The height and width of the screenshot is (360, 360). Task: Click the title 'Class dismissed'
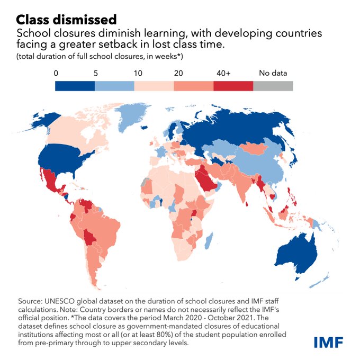66,20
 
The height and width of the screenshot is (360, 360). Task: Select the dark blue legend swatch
75,86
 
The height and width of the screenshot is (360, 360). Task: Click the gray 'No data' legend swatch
273,86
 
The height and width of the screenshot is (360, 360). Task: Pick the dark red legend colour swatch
233,86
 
